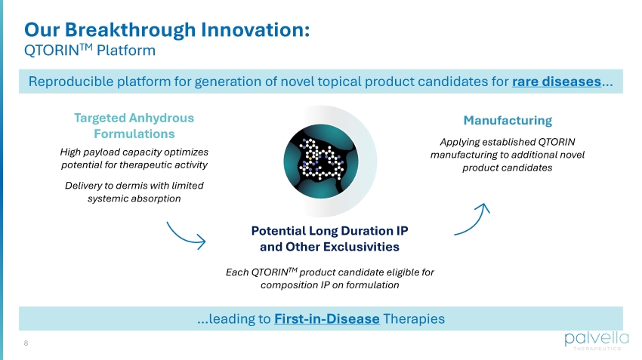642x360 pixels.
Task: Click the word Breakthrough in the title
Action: [x=130, y=30]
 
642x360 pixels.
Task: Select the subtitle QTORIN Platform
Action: [x=90, y=50]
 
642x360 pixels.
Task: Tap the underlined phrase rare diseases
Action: [x=557, y=82]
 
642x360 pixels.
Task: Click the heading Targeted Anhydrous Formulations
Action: [x=134, y=125]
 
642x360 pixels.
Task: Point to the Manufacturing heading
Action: [x=508, y=120]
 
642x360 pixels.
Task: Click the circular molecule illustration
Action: [x=321, y=162]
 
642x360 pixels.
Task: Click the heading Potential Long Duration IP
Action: [x=329, y=231]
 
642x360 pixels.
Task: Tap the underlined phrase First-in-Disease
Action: [x=327, y=318]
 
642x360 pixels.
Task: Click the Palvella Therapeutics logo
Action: [x=597, y=340]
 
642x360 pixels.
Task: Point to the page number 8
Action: [x=26, y=343]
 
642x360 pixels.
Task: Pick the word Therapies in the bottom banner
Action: [x=414, y=318]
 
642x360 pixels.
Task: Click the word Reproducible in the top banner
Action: [x=71, y=82]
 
